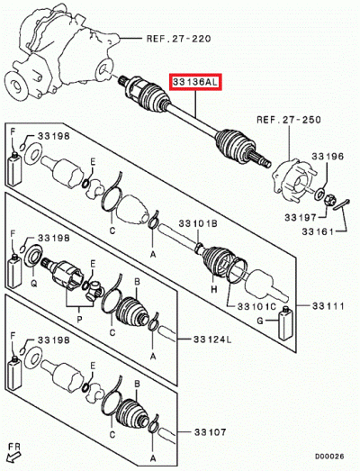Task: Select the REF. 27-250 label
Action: [286, 119]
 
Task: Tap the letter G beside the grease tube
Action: [272, 321]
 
